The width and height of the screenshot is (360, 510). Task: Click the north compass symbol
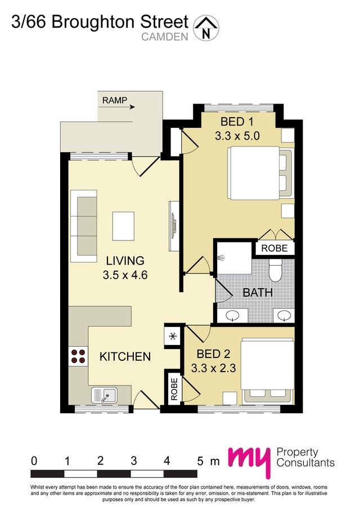[x=206, y=28]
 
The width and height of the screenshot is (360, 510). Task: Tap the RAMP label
[x=114, y=101]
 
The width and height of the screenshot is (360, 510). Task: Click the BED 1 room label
[x=236, y=122]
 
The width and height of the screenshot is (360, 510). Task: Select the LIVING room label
[x=125, y=261]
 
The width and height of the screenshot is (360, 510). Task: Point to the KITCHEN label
[x=125, y=356]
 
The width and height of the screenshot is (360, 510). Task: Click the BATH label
[x=258, y=293]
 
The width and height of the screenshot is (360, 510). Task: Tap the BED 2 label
[x=213, y=355]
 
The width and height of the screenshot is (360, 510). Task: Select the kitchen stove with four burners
[x=78, y=356]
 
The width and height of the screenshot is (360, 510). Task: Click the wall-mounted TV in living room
[x=174, y=225]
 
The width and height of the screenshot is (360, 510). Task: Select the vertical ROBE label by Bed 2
[x=174, y=388]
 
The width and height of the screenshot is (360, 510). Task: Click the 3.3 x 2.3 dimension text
[x=213, y=369]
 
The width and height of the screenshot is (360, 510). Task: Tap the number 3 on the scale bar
[x=133, y=460]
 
